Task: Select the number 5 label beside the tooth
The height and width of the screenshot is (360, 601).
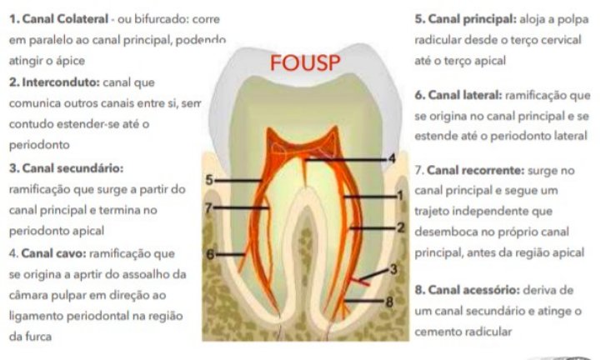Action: click(209, 179)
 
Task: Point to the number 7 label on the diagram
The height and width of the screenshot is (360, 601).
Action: click(209, 207)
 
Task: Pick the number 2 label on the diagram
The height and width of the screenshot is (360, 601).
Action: click(400, 227)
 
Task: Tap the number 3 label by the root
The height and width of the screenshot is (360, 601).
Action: click(394, 268)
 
